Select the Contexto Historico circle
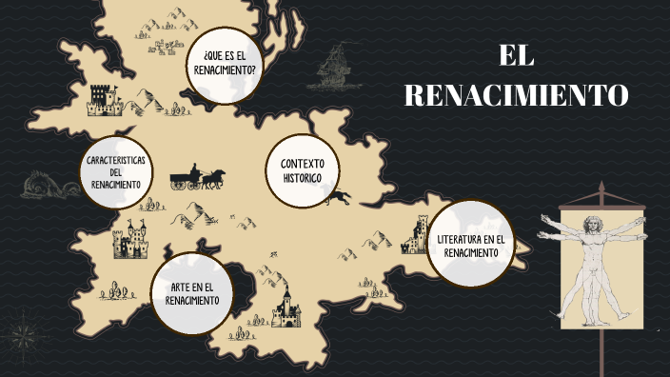302,170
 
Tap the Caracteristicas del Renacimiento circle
115,171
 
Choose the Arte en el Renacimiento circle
192,293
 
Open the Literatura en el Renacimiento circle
471,245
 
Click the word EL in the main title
517,56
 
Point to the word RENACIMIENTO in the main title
517,95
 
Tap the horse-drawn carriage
197,178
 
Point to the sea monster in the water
43,183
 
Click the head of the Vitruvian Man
591,220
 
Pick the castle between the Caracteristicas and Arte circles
131,240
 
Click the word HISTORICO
302,178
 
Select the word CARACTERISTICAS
115,160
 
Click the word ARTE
181,288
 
